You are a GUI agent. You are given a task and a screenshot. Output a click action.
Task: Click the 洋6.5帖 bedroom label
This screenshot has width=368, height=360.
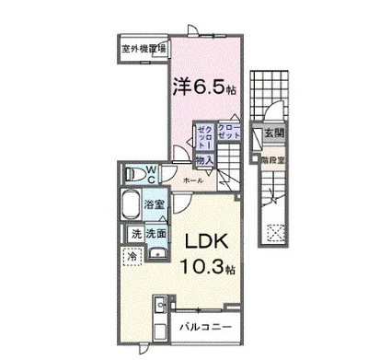(205, 88)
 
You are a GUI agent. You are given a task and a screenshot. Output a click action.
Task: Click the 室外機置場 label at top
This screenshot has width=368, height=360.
(141, 48)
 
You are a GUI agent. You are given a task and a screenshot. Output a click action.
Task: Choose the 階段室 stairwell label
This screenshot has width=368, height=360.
(274, 158)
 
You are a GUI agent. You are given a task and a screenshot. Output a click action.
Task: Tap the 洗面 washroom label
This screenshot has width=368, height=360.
(155, 234)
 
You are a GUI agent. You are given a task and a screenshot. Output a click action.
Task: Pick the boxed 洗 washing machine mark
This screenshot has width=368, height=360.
(135, 234)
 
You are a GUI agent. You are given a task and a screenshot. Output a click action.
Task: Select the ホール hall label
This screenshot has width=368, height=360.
(193, 181)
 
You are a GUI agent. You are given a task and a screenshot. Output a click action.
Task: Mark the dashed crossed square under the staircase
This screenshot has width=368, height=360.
(274, 232)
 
